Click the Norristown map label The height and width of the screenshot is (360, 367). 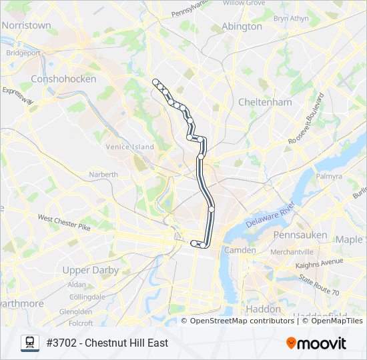27,25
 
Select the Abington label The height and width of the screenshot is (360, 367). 242,27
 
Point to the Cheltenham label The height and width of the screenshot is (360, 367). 265,102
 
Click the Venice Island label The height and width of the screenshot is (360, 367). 129,147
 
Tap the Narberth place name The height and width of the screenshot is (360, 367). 103,175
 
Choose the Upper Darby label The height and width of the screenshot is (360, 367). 90,270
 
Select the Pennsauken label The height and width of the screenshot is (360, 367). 300,235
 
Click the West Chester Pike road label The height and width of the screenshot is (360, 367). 64,222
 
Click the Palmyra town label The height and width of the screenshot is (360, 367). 329,177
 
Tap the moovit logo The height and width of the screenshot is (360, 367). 316,343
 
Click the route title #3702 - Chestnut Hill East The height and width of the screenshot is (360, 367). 107,343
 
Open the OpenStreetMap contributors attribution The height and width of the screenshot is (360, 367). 242,321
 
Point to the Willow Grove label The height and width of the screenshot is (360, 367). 244,3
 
